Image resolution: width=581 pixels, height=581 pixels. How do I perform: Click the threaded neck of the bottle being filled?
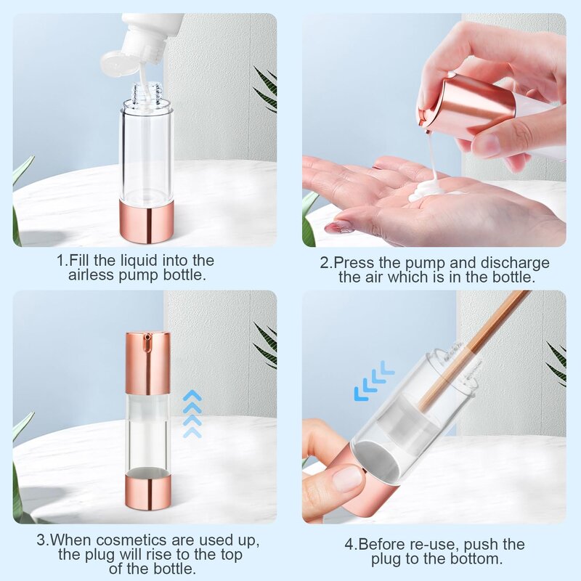click(147, 92)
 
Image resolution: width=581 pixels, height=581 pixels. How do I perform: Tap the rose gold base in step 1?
click(147, 222)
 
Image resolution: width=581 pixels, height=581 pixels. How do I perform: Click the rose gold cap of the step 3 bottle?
click(147, 362)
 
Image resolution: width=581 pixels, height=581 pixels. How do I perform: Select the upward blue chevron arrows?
click(192, 414)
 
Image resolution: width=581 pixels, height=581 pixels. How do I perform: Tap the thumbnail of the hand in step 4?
click(346, 478)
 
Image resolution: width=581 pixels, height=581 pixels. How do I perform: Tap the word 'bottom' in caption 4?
click(475, 559)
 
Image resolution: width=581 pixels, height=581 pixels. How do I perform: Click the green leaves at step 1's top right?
click(266, 91)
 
